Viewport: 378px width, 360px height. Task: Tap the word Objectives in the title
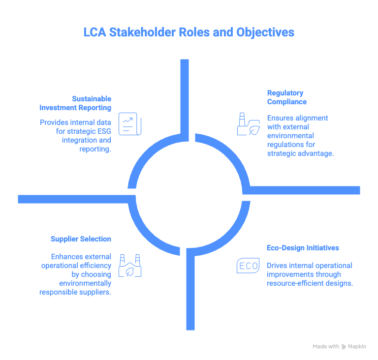[265, 32]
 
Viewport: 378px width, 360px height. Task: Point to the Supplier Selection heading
[81, 239]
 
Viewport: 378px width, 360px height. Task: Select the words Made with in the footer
[325, 347]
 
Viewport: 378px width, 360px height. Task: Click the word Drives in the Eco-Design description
[277, 266]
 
